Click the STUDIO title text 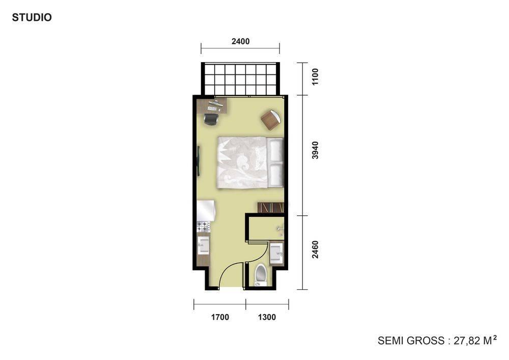pyautogui.click(x=32, y=17)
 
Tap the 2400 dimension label pyautogui.click(x=241, y=41)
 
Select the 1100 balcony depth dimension pyautogui.click(x=315, y=77)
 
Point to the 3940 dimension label pyautogui.click(x=315, y=150)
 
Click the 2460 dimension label pyautogui.click(x=315, y=250)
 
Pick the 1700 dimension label pyautogui.click(x=220, y=317)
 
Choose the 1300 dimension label pyautogui.click(x=267, y=317)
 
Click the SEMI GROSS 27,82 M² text pyautogui.click(x=437, y=340)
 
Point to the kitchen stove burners pyautogui.click(x=203, y=226)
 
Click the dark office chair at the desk pyautogui.click(x=211, y=119)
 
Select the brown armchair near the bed pyautogui.click(x=271, y=120)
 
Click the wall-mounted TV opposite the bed pyautogui.click(x=199, y=161)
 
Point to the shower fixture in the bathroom pyautogui.click(x=280, y=230)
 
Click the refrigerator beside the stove pyautogui.click(x=206, y=210)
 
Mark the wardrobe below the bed pyautogui.click(x=271, y=208)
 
